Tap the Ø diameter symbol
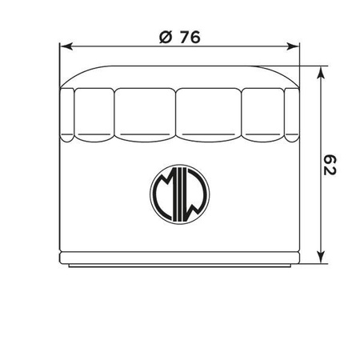pyautogui.click(x=166, y=36)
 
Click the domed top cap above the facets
pyautogui.click(x=179, y=77)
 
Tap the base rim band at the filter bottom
pyautogui.click(x=179, y=262)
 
